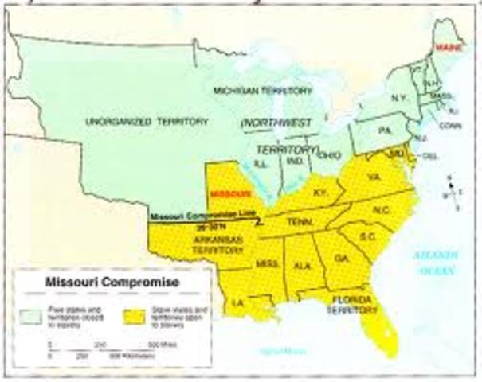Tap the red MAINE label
[448, 47]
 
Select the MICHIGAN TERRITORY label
[253, 92]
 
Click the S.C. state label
[366, 238]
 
